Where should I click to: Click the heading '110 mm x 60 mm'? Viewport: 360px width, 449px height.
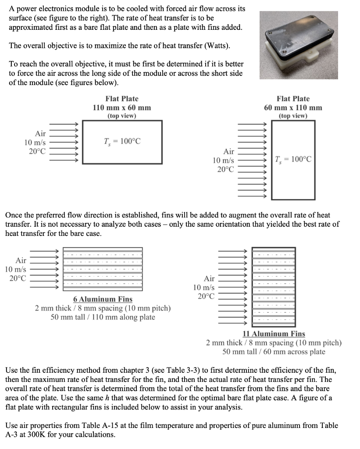click(122, 107)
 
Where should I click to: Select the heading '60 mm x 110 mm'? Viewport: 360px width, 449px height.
click(293, 107)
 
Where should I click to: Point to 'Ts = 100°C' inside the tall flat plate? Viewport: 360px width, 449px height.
click(293, 159)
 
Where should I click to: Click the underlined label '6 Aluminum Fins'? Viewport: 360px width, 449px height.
click(103, 299)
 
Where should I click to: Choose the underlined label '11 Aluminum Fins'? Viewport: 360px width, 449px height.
click(274, 334)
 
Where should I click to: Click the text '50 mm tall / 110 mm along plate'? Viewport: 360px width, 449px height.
click(103, 317)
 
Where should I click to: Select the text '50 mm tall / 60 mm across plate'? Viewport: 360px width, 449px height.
click(274, 352)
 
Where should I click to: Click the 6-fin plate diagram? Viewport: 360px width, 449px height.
click(103, 268)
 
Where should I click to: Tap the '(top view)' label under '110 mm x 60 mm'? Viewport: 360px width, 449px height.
click(122, 116)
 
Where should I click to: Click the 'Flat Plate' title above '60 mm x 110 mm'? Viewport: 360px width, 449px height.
click(293, 99)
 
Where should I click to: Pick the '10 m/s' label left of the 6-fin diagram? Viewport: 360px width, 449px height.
click(15, 269)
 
